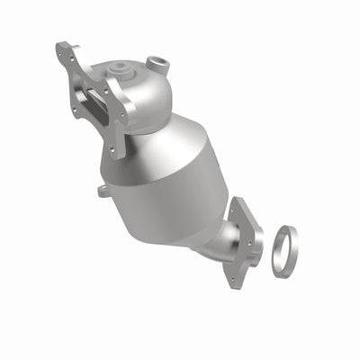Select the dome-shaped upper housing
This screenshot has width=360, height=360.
pos(144,94)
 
